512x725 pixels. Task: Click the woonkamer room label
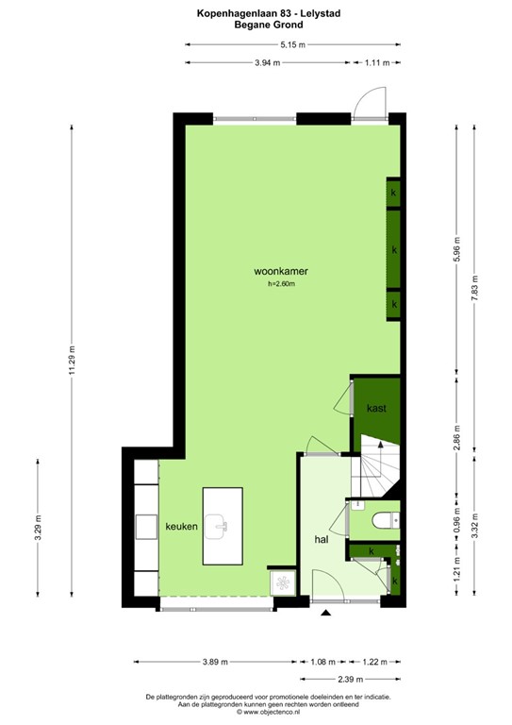pos(282,272)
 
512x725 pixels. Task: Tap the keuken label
pos(181,527)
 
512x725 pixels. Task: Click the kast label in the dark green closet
pos(376,408)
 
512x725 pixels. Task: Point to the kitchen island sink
pos(222,525)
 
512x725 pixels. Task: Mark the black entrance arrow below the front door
pos(326,615)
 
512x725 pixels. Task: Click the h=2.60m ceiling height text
pos(282,284)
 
